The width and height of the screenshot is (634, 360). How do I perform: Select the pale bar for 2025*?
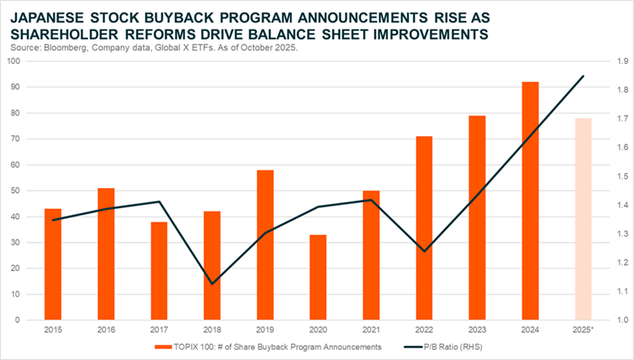tap(583, 219)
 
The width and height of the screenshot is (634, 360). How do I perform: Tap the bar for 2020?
tap(318, 277)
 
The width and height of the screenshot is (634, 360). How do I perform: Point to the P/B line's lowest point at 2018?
tap(212, 284)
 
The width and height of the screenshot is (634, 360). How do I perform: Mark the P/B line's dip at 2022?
tap(424, 251)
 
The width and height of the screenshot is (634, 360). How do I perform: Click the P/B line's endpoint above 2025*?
tap(583, 76)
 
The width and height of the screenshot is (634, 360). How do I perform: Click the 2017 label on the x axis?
tap(159, 329)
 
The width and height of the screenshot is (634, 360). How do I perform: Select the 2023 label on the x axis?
tap(477, 329)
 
